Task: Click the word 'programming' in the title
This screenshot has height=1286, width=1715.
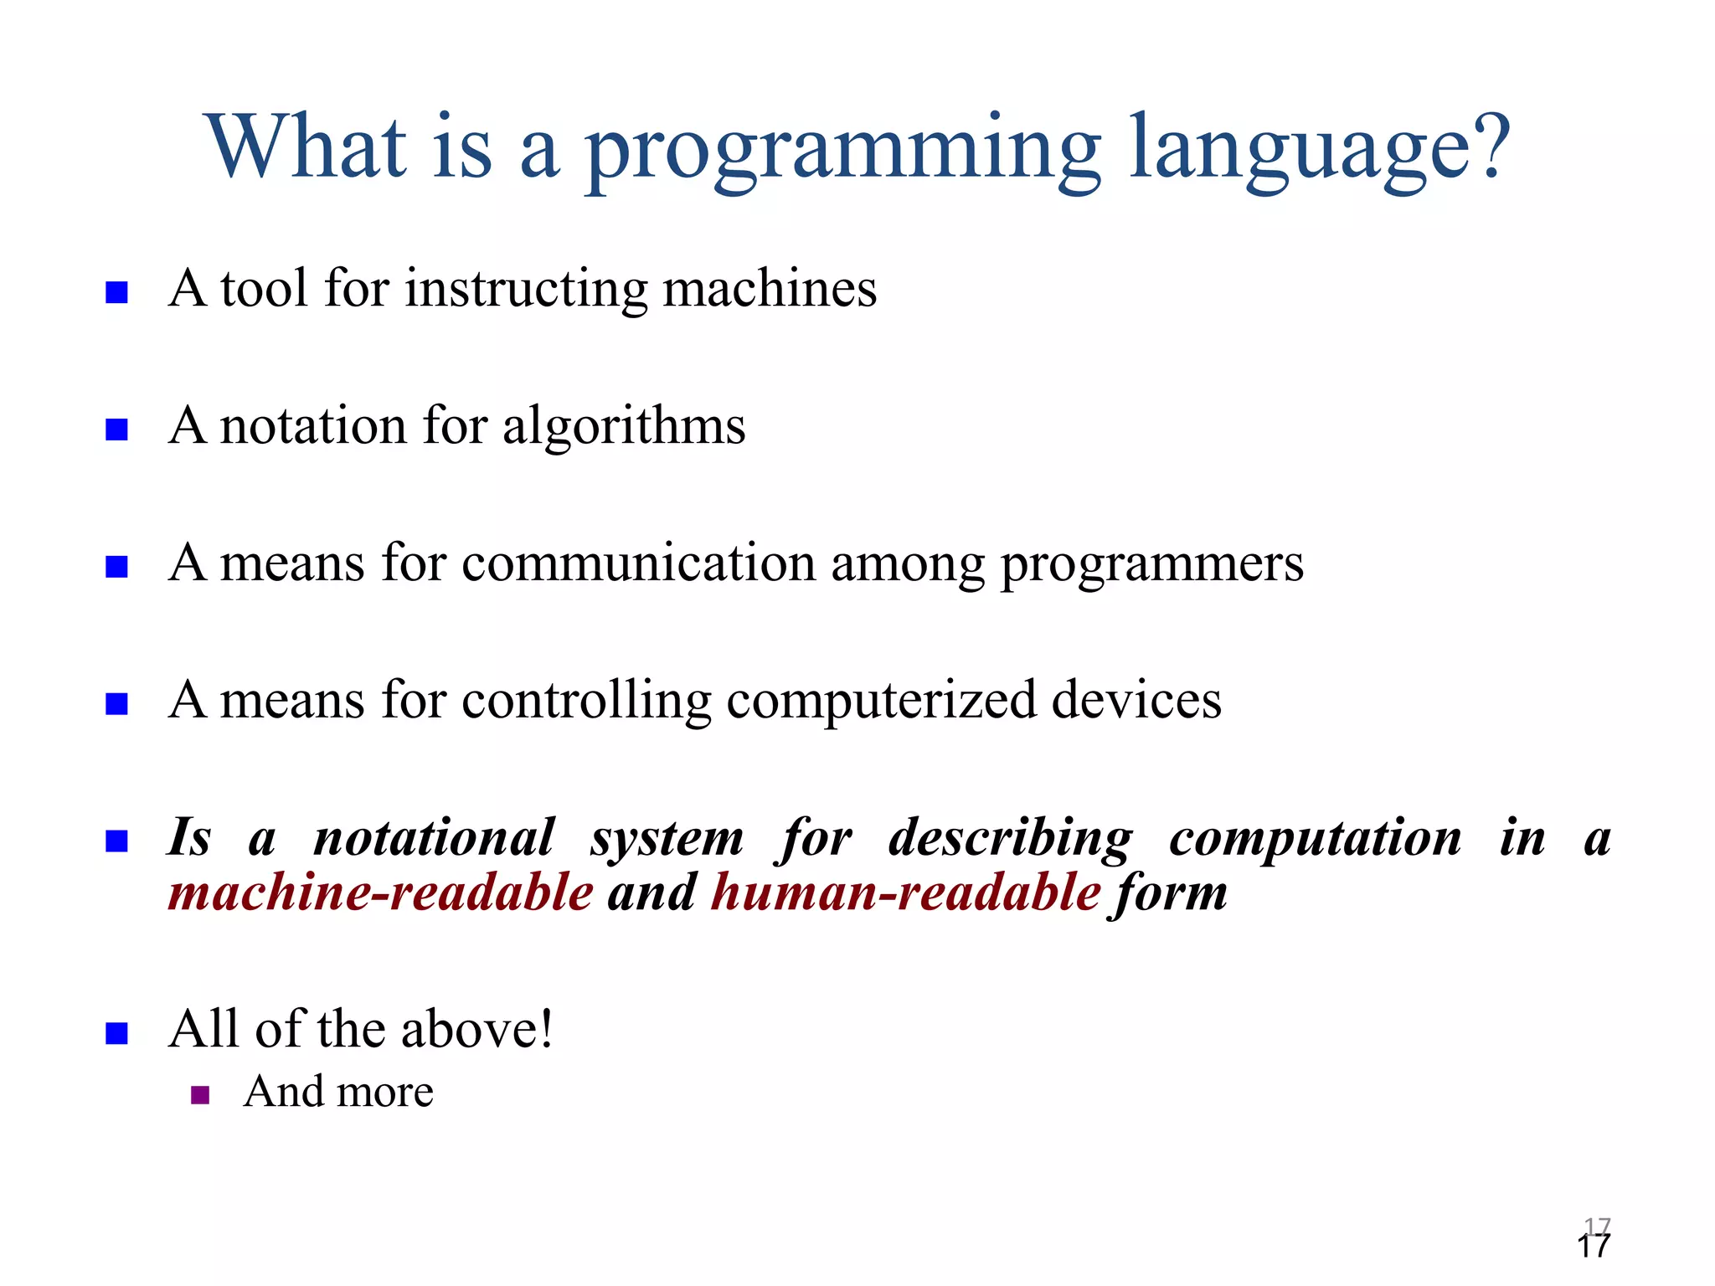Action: point(842,151)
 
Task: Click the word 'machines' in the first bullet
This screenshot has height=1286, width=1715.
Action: point(770,289)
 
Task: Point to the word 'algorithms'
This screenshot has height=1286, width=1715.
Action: point(623,428)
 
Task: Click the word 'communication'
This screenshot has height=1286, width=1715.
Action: point(638,563)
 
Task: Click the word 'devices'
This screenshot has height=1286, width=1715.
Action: point(1136,700)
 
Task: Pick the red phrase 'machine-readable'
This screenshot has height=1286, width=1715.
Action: point(381,892)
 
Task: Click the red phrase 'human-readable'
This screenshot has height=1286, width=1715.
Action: point(905,892)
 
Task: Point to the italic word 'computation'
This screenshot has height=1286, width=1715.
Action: point(1315,838)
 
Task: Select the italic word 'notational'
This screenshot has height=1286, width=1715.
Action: point(434,838)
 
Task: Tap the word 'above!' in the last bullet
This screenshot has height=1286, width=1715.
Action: point(477,1029)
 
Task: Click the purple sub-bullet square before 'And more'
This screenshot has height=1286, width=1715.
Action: point(200,1095)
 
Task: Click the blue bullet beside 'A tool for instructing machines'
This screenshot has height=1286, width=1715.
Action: point(116,292)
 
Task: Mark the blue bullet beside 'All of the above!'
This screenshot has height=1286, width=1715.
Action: point(116,1033)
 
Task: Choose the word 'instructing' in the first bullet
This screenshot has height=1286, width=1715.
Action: point(526,289)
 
